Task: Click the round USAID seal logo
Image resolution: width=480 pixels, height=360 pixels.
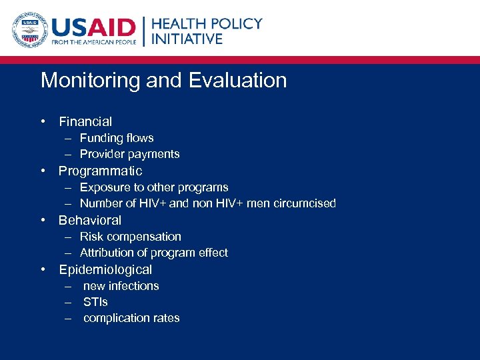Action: pos(29,31)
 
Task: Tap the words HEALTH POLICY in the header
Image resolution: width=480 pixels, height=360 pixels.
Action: pos(207,23)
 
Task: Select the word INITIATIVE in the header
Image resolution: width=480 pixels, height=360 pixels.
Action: pos(187,39)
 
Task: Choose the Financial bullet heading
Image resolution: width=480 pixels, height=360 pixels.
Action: pos(85,122)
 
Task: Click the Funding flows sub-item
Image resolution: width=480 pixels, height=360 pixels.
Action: pos(117,138)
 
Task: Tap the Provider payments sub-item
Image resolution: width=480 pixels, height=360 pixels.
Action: pos(129,154)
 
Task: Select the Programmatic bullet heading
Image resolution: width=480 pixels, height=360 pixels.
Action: pos(100,171)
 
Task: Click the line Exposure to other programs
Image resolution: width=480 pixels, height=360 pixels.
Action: pos(154,187)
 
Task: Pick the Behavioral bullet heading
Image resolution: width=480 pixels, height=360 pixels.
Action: pos(90,220)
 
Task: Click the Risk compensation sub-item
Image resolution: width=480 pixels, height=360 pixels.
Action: pos(130,237)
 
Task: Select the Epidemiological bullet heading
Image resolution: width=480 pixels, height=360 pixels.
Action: pos(105,269)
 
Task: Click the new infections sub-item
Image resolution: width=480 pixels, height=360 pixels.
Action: pos(121,286)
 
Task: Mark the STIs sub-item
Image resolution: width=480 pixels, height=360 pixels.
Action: pos(95,302)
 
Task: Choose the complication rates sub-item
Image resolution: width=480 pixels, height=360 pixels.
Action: pos(131,318)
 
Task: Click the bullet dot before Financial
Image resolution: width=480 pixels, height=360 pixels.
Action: pos(43,122)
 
